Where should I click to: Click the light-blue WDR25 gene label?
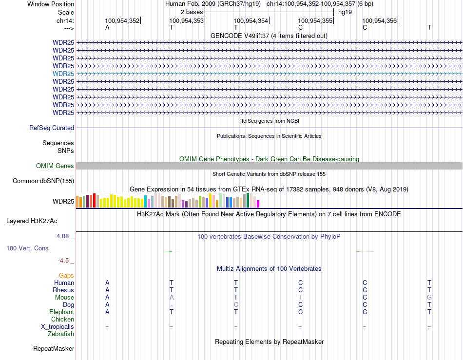pos(63,74)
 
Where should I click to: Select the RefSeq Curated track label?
pos(52,128)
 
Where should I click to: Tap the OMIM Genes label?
pos(55,166)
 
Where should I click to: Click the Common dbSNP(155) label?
pos(43,181)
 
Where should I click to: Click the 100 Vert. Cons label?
pos(27,248)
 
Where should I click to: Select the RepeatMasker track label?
pos(54,349)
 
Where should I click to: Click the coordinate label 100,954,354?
pos(251,20)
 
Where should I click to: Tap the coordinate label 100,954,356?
pos(379,20)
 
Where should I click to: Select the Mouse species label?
pos(64,298)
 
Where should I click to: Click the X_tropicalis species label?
pos(58,327)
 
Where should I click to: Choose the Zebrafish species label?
pos(61,334)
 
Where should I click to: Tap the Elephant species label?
pos(61,312)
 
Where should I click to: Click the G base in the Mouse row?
pos(429,298)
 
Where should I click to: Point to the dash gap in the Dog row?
pos(171,305)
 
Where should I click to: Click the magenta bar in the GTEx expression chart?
pos(258,204)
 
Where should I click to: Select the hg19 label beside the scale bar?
pos(345,11)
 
